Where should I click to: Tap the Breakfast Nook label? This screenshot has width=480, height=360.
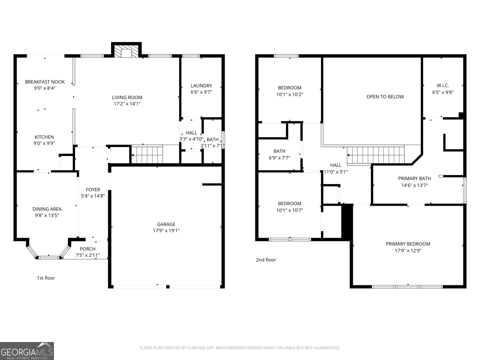45,82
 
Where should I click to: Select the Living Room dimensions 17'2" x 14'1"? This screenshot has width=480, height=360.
127,104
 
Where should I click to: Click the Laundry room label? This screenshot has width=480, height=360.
201,85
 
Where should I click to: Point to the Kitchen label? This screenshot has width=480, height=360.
44,137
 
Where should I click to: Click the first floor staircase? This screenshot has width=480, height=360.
147,155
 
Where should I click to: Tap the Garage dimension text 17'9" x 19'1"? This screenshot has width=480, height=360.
166,231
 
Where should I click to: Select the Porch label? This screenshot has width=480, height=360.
88,249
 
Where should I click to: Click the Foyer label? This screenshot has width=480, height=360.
93,190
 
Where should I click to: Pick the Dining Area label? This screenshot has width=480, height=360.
47,209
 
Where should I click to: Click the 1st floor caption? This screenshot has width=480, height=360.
46,278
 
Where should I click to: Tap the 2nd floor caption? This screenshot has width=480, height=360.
266,260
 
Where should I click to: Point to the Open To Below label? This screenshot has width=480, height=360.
385,97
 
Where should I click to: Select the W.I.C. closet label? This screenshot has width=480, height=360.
443,85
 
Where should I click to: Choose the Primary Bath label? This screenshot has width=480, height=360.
414,178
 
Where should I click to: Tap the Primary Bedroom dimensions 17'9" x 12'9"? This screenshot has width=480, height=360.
408,250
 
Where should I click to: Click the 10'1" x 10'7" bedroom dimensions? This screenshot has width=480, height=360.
289,210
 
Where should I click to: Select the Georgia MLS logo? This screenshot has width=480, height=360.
27,351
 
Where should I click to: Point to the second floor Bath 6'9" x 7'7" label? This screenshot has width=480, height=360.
279,151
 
